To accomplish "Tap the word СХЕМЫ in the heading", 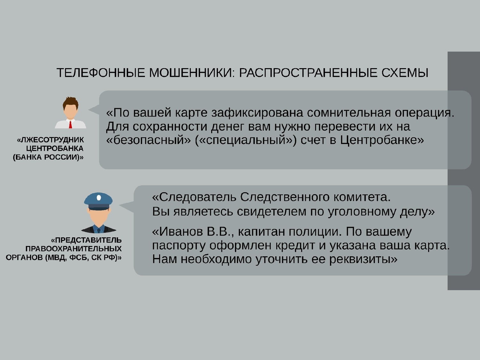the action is tap(405, 73).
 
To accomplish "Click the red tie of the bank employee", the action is tap(70, 124).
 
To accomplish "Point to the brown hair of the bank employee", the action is tap(70, 103).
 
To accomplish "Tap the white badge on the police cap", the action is tap(99, 197).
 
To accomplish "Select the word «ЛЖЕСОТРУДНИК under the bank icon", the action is tap(50, 140).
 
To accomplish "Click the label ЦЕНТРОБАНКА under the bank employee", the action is tap(55, 148).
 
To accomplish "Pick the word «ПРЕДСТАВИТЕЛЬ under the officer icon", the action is tap(86, 240).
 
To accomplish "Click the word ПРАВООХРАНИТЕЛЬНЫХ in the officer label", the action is tap(74, 249).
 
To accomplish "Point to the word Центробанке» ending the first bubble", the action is tap(382, 140).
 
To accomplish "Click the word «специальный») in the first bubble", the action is tap(246, 140).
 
